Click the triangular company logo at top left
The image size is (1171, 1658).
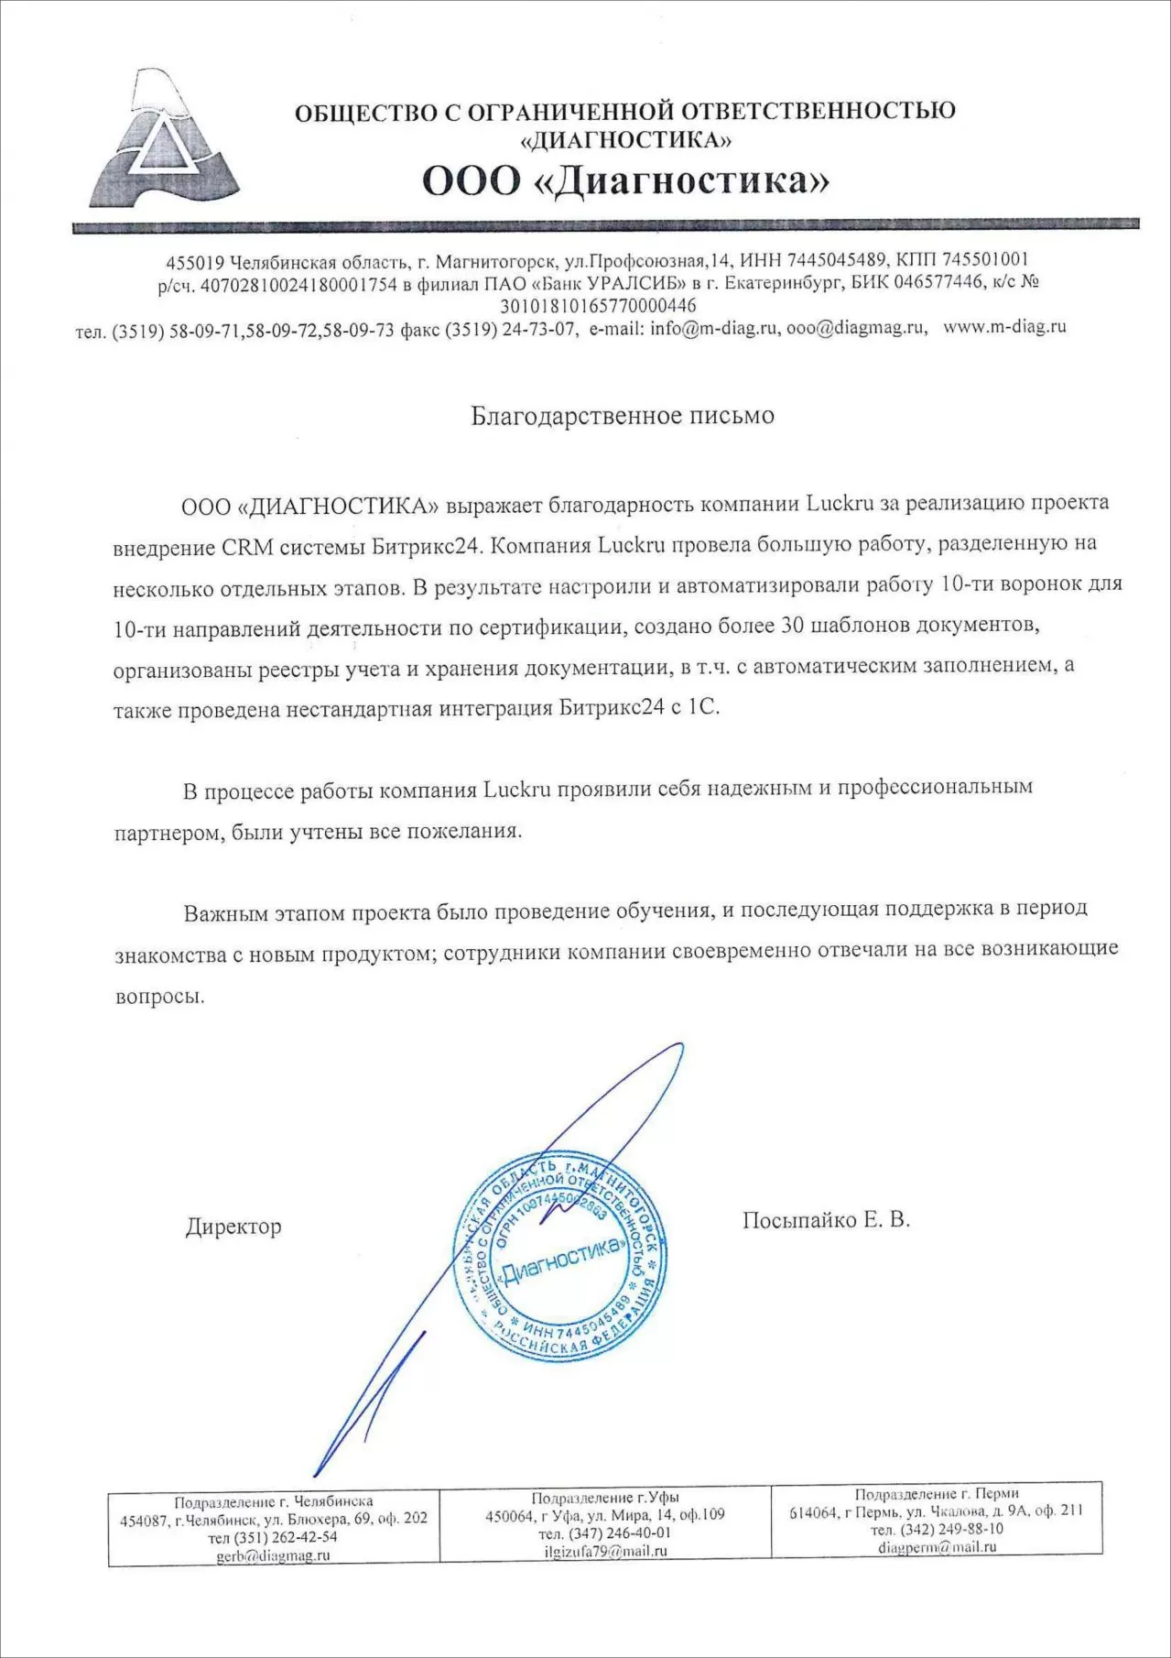click(x=164, y=137)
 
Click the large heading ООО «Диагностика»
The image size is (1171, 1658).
click(x=625, y=180)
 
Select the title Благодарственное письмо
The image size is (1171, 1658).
click(x=623, y=416)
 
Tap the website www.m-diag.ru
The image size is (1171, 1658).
click(x=1004, y=327)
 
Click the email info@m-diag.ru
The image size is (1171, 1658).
click(x=714, y=329)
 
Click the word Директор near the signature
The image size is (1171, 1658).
click(x=233, y=1227)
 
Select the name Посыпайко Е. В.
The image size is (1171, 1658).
click(x=826, y=1220)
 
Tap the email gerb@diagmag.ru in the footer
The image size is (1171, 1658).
click(x=273, y=1554)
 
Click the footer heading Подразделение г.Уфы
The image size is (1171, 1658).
click(x=605, y=1498)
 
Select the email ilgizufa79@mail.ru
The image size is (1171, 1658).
click(x=605, y=1551)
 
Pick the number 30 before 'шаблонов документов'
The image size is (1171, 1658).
click(x=792, y=627)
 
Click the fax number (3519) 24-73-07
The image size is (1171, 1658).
click(x=511, y=330)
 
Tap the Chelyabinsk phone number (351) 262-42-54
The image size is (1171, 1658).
click(x=273, y=1536)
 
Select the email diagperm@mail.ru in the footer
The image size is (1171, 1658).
click(x=937, y=1546)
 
